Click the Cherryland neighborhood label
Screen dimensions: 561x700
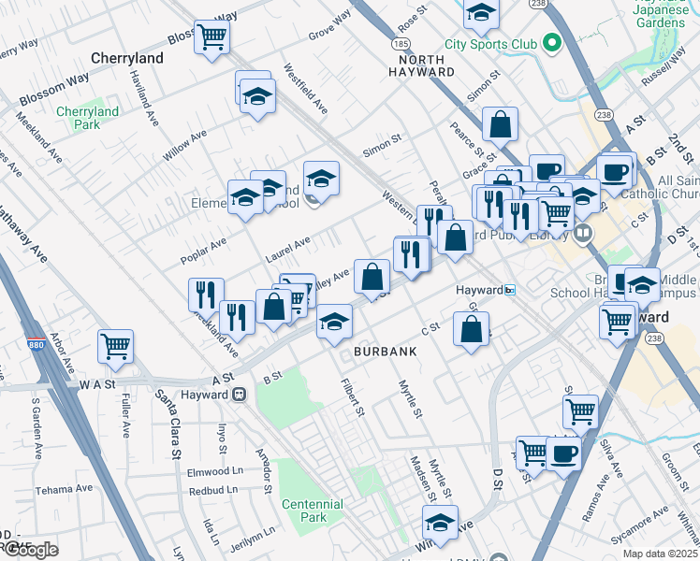[128, 58]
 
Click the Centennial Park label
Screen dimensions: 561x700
[312, 511]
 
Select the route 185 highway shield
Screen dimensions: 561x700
[401, 44]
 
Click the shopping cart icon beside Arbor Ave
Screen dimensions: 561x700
[116, 346]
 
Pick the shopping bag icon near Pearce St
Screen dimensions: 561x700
[501, 123]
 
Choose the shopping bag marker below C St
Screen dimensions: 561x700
[471, 328]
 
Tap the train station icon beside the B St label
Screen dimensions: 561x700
[239, 395]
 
